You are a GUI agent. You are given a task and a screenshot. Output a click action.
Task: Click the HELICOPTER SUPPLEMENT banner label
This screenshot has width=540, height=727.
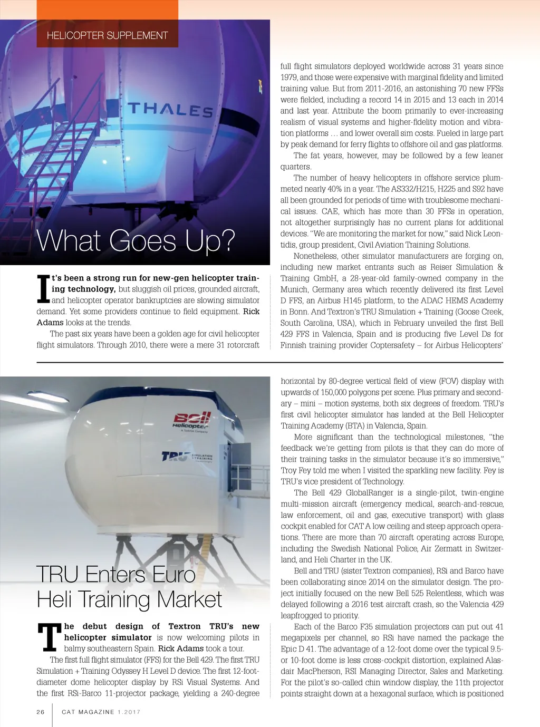coord(107,35)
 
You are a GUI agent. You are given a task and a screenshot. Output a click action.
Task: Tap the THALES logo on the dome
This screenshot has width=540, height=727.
coord(170,110)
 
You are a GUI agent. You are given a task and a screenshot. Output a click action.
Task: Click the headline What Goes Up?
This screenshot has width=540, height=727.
coord(136,241)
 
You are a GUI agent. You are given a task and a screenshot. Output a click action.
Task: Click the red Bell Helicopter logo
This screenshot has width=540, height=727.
coord(192,421)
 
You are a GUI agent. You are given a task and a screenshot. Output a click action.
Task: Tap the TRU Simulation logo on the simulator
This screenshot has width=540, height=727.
coord(187,455)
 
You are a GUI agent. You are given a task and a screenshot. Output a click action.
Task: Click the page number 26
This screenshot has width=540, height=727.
coord(41,712)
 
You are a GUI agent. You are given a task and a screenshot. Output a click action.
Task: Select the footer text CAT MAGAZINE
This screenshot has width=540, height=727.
coord(88,712)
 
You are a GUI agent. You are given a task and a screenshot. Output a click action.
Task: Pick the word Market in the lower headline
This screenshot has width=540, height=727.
coord(189,599)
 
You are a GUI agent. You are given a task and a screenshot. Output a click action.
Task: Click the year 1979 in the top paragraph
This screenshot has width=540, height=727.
coord(289,77)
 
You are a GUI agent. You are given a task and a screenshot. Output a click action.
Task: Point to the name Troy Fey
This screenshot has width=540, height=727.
coord(296,470)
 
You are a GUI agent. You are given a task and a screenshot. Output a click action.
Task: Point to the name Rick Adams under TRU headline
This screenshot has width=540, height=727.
coord(180,648)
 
